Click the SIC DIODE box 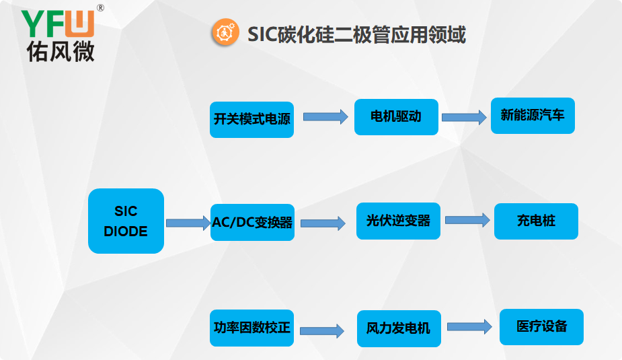pos(126,221)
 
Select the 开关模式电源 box pos(251,119)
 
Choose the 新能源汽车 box pos(533,115)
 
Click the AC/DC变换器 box pos(252,222)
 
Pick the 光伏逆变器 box pos(398,221)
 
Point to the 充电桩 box pos(536,221)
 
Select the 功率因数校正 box pos(251,328)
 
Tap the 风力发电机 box pos(399,328)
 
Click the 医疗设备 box pos(541,327)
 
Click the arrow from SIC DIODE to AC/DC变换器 pos(188,223)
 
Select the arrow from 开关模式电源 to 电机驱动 pos(325,116)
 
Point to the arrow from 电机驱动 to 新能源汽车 pos(464,117)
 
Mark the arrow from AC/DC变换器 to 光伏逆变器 pos(322,223)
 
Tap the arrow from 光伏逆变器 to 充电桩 pos(467,220)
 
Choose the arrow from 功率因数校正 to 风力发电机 pos(321,330)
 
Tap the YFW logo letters pos(57,24)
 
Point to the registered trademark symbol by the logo pos(100,8)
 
